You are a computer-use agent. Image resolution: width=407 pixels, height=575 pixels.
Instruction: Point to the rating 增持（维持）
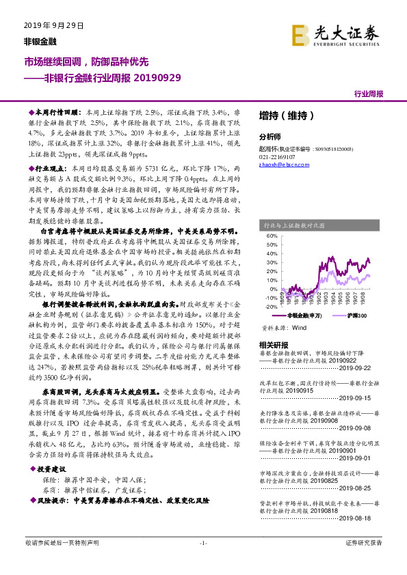tap(287, 115)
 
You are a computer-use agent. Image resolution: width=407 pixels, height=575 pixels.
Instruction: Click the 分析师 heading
tap(271, 135)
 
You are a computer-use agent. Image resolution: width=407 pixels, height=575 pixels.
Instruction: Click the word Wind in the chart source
tap(299, 328)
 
